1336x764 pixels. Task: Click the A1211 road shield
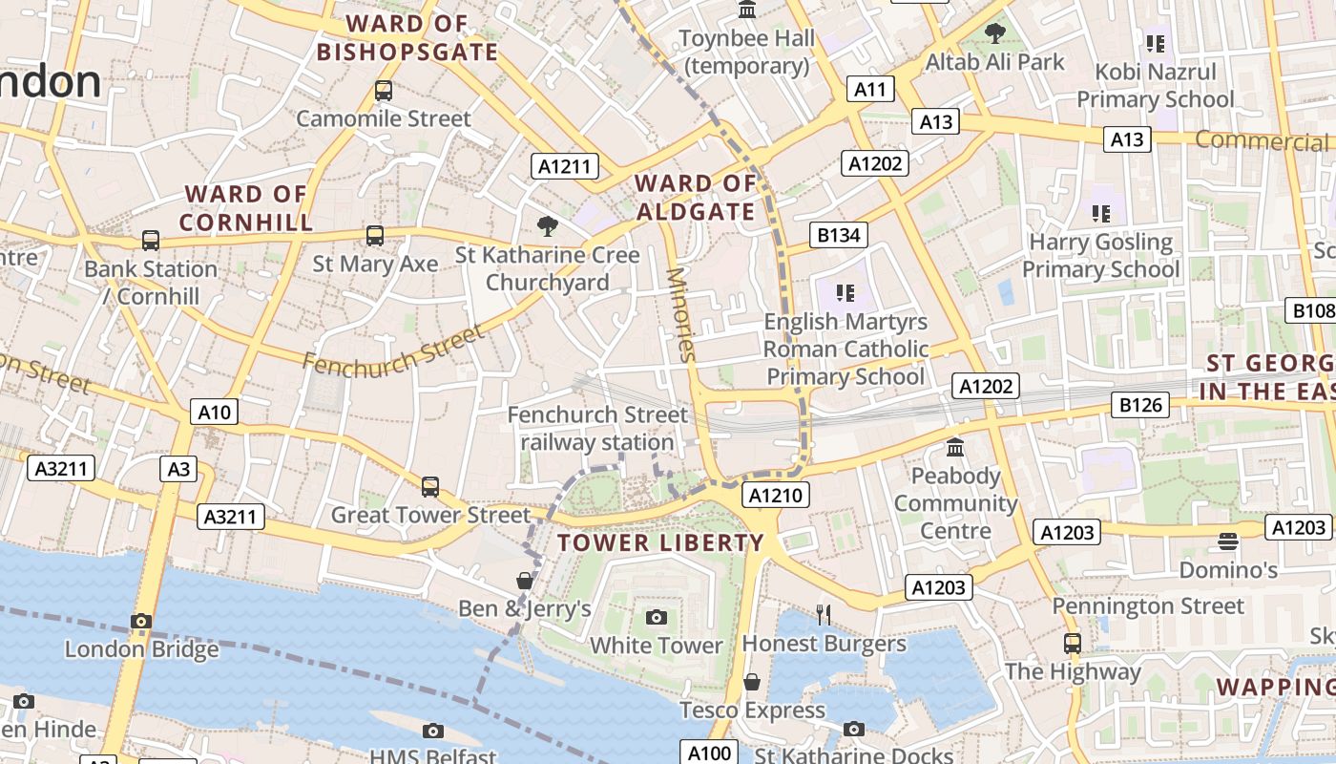click(564, 166)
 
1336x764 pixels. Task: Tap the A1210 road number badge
click(777, 495)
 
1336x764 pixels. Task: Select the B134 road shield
click(839, 235)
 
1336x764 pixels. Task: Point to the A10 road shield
click(214, 412)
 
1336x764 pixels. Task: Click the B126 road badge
click(1140, 405)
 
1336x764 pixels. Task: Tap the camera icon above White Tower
click(656, 617)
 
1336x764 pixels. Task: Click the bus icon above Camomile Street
click(384, 91)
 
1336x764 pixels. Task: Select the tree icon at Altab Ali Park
click(995, 33)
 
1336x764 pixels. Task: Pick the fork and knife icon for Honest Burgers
click(824, 614)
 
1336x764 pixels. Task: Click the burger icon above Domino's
click(1228, 541)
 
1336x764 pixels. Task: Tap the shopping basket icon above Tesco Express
click(752, 682)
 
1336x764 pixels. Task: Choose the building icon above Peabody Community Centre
click(955, 447)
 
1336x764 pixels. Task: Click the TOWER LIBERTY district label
click(661, 543)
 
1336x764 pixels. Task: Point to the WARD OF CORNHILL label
click(246, 208)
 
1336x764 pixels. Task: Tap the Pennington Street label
click(1148, 606)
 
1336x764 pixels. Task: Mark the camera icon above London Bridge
click(141, 621)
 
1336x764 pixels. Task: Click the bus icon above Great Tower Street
click(430, 486)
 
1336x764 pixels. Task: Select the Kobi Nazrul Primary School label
click(1156, 86)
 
